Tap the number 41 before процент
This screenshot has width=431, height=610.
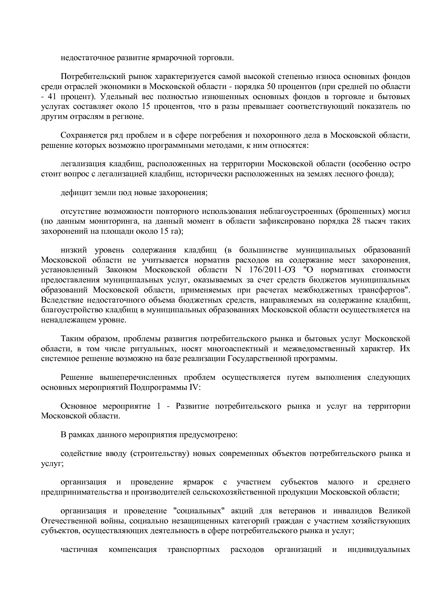coord(51,96)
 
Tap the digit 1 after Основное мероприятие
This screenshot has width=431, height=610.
coord(158,406)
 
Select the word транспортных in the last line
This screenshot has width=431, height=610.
coord(194,550)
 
